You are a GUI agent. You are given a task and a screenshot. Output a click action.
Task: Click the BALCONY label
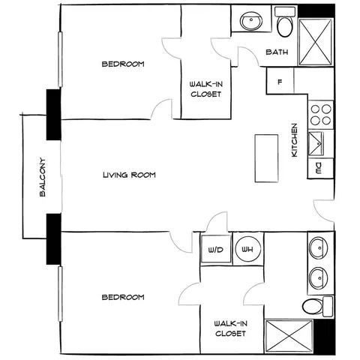[43, 177]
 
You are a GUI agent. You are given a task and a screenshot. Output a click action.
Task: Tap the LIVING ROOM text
[129, 175]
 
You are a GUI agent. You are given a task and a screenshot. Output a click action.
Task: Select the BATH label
[277, 52]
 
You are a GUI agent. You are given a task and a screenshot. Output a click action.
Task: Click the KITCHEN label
[295, 140]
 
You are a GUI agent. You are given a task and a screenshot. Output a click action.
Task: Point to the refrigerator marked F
[280, 81]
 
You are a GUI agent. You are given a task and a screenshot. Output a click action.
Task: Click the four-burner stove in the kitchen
[321, 115]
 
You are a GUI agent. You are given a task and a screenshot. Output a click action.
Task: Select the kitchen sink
[316, 144]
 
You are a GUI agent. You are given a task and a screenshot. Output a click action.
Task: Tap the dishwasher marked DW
[320, 168]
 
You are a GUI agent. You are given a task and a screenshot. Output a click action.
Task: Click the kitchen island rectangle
[266, 158]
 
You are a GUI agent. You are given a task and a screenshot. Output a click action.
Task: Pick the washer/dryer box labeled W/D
[216, 249]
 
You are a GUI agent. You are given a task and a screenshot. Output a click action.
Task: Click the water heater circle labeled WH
[248, 249]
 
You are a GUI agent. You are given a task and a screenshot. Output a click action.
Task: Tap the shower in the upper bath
[316, 42]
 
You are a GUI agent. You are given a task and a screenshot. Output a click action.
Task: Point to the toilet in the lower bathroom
[317, 307]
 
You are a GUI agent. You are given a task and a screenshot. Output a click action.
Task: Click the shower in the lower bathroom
[289, 337]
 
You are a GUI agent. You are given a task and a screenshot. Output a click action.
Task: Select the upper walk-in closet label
[206, 89]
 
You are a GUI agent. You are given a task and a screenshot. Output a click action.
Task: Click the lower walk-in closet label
[230, 328]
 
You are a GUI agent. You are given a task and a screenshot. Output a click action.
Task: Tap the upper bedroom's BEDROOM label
[123, 64]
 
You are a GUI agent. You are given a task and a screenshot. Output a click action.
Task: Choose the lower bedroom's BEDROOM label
[123, 297]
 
